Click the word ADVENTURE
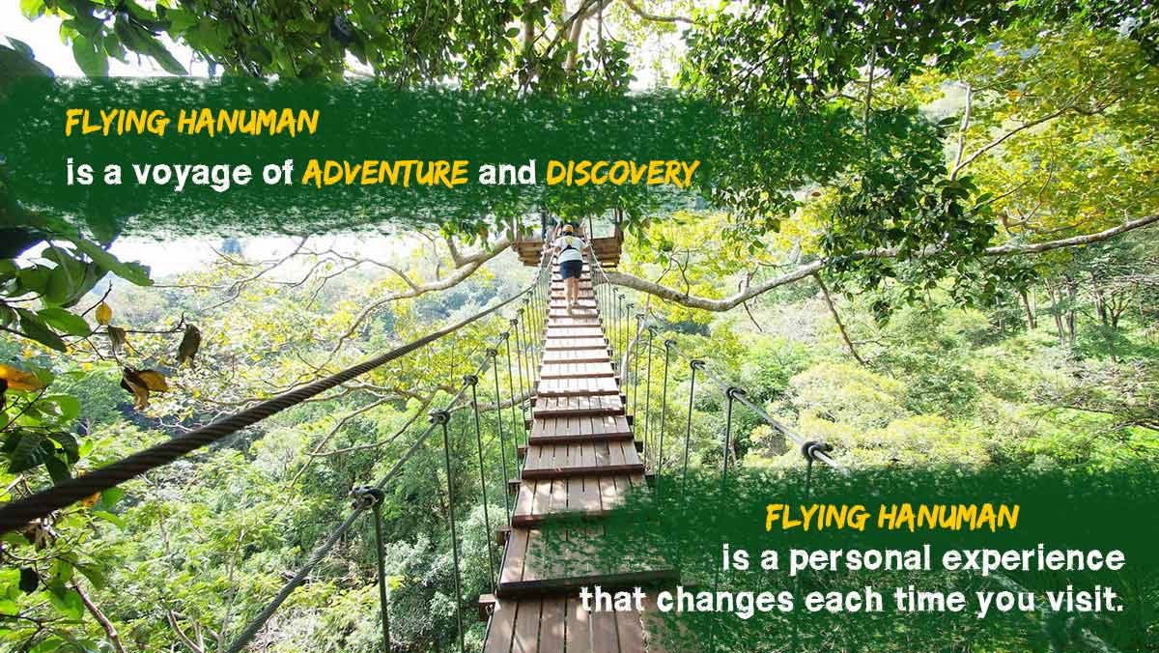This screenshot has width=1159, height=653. tap(385, 173)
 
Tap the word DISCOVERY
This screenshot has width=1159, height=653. tap(623, 173)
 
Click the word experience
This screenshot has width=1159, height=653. tap(1033, 560)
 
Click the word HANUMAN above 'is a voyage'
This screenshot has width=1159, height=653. tap(248, 123)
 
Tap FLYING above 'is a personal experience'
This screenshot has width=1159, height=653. tap(816, 518)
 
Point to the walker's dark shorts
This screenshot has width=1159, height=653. tap(571, 270)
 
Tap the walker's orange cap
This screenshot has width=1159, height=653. tap(568, 228)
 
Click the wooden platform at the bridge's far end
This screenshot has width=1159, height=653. tap(569, 247)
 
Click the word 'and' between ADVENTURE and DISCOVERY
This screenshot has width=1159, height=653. tap(507, 173)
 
